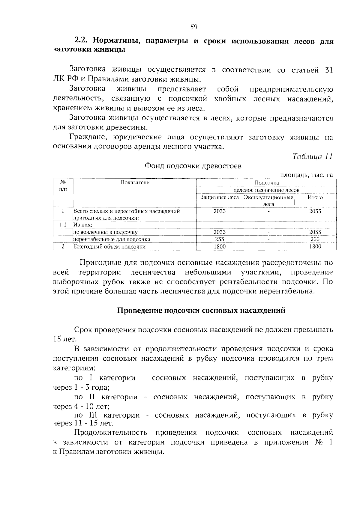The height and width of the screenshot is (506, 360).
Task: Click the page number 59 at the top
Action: coord(194,27)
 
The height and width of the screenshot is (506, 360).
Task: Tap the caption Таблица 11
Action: coord(312,156)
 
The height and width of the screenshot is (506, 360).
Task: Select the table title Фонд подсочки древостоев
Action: coord(193,166)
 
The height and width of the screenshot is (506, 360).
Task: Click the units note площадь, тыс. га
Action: coord(306,175)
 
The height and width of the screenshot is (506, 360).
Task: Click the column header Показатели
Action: coord(135,183)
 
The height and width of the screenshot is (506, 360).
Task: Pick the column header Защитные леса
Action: coord(220,198)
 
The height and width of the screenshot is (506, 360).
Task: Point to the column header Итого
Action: coord(315,198)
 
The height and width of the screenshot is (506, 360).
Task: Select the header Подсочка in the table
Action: coord(266,183)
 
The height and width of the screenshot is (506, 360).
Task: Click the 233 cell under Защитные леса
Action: coord(220,239)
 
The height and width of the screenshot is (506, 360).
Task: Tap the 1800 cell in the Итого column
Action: coord(315,246)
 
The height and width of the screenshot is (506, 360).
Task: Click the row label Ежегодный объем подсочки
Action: coord(109,247)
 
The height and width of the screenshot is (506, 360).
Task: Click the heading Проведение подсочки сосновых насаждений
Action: coord(201,311)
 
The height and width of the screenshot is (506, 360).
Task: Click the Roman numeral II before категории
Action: coord(92,397)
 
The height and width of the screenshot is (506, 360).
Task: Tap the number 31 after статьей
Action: coord(329,70)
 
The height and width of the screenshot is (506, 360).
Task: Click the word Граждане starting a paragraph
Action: coord(87,138)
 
